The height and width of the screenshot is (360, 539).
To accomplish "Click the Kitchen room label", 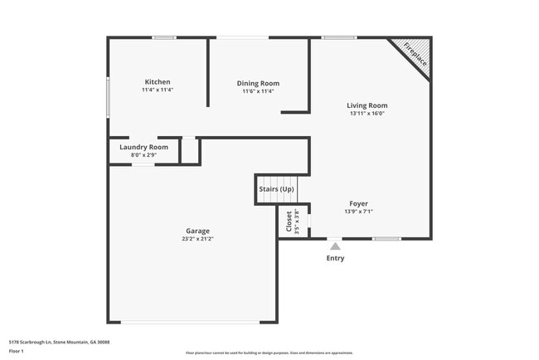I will (x=158, y=82).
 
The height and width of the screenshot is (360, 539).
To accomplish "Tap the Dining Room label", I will (x=258, y=83).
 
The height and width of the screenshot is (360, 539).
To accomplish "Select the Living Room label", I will (x=367, y=105).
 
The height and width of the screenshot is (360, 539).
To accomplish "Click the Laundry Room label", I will (x=143, y=147).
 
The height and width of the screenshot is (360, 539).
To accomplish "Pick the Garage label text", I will (x=197, y=231).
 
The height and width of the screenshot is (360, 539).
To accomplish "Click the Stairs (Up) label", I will (x=277, y=190).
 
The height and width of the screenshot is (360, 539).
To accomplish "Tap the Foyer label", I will (x=358, y=203).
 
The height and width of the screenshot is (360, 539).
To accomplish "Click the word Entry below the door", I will (x=335, y=258).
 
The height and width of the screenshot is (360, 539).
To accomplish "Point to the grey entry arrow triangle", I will (x=335, y=246).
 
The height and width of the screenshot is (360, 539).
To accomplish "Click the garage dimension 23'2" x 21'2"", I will (x=197, y=239).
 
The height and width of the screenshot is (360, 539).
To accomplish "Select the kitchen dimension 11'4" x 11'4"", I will (x=158, y=90).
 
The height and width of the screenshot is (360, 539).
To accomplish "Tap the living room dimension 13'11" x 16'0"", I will (x=367, y=114).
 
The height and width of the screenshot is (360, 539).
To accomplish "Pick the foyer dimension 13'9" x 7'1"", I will (x=358, y=212).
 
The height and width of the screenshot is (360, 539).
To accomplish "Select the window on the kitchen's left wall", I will (x=108, y=97).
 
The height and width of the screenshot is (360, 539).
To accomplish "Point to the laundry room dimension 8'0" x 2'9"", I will (x=143, y=154).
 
